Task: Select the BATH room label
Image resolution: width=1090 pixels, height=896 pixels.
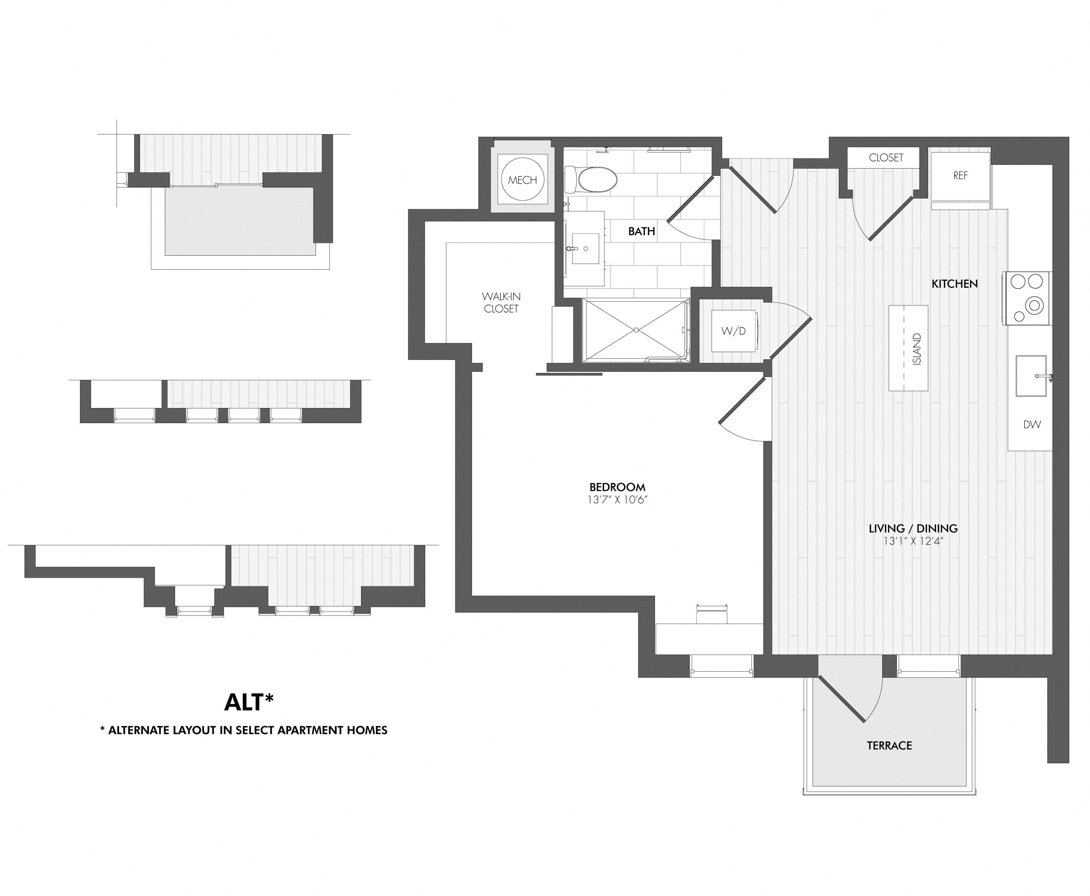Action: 641,231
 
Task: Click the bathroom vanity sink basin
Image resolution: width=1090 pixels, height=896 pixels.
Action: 586,248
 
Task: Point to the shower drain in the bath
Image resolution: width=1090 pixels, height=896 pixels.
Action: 636,330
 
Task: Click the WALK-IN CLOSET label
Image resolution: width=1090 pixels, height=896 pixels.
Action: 501,302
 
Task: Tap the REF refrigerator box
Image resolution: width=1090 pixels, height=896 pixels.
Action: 960,175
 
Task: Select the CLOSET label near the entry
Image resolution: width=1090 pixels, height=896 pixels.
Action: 886,157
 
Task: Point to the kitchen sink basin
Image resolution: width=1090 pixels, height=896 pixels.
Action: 1031,376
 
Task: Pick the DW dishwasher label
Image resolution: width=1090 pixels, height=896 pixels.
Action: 1032,425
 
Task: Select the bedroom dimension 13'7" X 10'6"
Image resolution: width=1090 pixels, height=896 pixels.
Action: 617,500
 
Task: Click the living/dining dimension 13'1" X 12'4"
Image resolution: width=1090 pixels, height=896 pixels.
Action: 913,541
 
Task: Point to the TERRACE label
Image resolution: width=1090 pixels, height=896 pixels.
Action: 889,745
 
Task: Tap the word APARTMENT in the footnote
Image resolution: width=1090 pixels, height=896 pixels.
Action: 308,730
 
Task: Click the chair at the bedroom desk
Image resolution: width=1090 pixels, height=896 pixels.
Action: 712,615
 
